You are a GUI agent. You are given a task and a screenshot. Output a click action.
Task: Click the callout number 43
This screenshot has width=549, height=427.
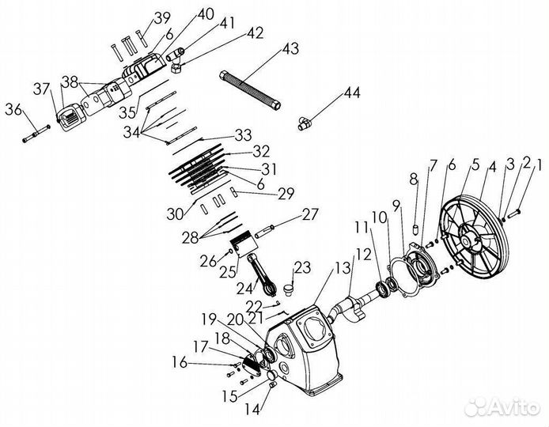290,50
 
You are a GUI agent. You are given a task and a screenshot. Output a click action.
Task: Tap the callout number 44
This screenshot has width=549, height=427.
351,93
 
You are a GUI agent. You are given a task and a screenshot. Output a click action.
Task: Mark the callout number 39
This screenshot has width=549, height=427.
161,18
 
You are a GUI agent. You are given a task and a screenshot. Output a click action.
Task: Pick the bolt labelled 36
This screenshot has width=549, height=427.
32,136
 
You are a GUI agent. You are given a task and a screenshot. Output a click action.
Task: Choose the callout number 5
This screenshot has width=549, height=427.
476,164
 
